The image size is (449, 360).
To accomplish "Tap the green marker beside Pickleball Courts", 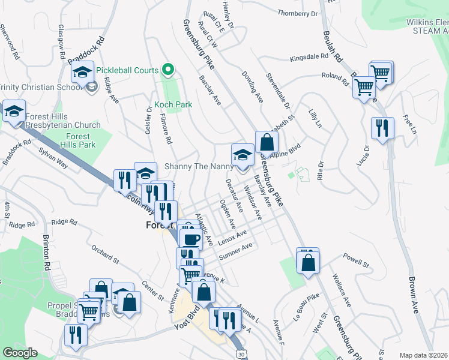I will [x=168, y=70].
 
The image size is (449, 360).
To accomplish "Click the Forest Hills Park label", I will [x=79, y=140].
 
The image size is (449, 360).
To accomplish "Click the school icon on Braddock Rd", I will [x=82, y=73].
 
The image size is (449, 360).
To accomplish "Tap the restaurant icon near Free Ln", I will [x=382, y=128].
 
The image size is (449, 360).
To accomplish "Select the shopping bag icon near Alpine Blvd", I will [x=267, y=143].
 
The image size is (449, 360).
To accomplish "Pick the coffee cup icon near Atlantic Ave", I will [x=191, y=239].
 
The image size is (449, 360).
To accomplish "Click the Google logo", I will [x=20, y=353].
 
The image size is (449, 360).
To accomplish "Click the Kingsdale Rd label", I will [x=310, y=58].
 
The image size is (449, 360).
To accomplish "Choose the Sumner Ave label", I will [x=236, y=252].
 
